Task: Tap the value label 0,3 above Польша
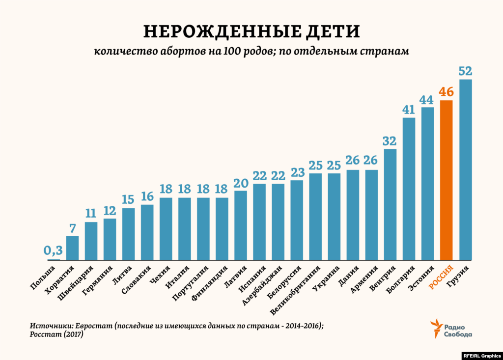(x=54, y=251)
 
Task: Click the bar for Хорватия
(x=72, y=248)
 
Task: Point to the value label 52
(x=465, y=71)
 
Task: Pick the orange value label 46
(x=446, y=92)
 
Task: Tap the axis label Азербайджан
(x=262, y=285)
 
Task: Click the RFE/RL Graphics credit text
(x=481, y=355)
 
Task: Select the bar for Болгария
(x=409, y=189)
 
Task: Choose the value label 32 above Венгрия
(x=390, y=141)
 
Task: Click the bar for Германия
(x=110, y=239)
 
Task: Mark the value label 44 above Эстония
(x=427, y=99)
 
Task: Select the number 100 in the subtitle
(x=231, y=52)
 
